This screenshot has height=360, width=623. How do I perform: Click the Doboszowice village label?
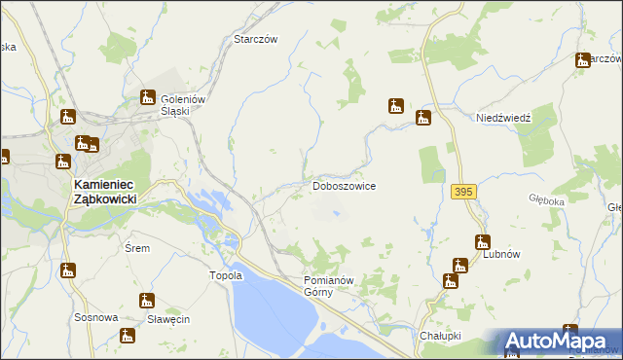coord(344,185)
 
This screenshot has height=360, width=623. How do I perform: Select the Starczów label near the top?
coord(256,40)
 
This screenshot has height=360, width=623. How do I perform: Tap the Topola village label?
coord(225,275)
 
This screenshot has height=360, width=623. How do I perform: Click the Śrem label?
coord(137,248)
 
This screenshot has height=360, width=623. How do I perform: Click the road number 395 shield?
coord(463,193)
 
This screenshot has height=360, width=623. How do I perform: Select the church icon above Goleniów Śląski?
coord(149,97)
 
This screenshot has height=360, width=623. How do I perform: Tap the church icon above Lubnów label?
coord(482,242)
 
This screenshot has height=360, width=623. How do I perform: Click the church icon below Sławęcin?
coord(127,336)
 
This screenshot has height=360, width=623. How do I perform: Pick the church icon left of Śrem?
coord(68,270)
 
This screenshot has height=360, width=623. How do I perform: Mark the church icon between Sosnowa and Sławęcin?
coord(147,300)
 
